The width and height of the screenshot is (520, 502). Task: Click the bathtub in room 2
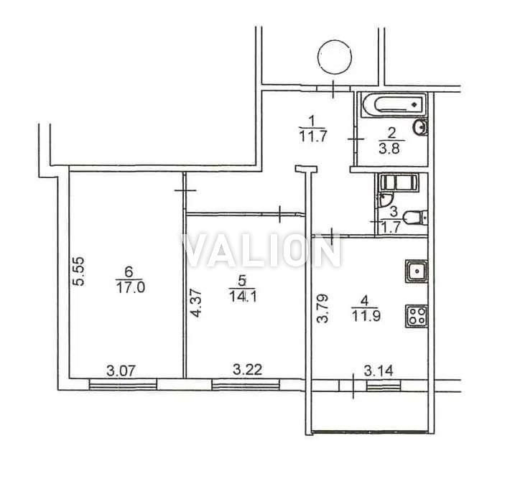pos(394,105)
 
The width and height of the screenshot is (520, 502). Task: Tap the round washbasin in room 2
pos(420,127)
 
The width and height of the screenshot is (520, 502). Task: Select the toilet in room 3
pos(415,218)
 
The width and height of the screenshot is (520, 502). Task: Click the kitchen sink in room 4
pos(416,271)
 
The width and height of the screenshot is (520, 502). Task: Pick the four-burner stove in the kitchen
pos(416,316)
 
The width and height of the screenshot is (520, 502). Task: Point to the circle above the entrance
pos(334,57)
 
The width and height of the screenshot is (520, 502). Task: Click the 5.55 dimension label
pos(80,271)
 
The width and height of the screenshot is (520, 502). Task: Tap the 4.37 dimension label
pos(196,303)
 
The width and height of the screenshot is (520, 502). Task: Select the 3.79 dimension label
pos(322,308)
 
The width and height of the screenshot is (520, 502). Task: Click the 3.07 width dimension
pos(121,371)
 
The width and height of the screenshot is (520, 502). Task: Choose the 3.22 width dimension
pos(247,369)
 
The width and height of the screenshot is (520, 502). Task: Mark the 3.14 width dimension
pos(379,371)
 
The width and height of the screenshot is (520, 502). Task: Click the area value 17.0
pos(130,287)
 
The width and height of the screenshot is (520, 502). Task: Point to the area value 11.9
pos(366,316)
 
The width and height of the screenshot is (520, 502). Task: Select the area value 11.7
pos(313,136)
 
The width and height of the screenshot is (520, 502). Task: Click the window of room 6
pos(123,385)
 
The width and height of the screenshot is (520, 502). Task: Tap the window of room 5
pos(246,385)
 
